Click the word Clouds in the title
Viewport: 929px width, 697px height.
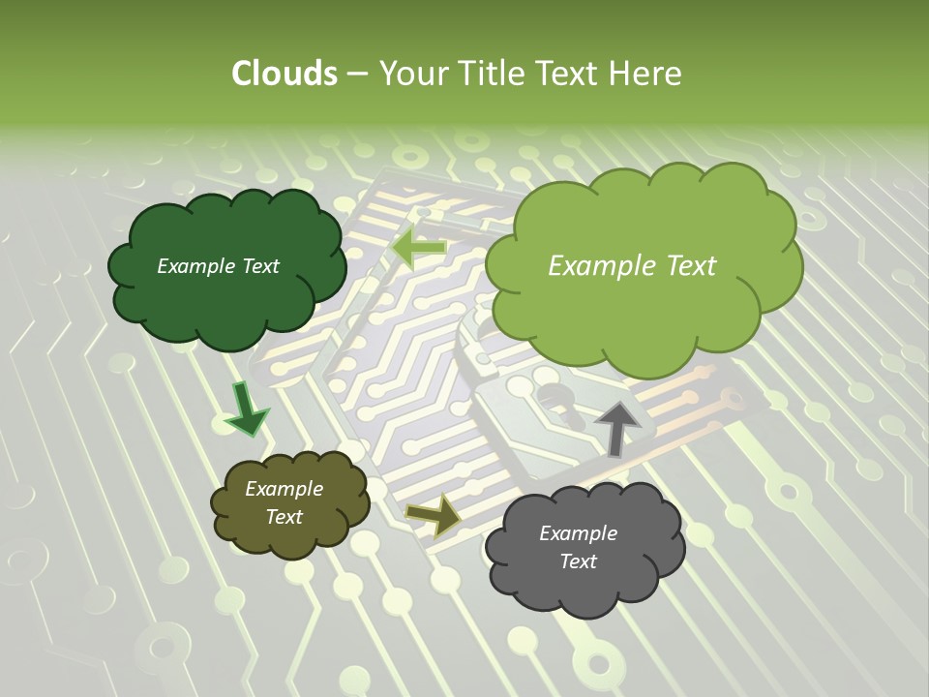click(284, 74)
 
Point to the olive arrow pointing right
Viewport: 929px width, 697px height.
click(434, 514)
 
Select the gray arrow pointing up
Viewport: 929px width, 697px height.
click(615, 427)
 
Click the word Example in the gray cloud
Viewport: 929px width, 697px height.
click(578, 533)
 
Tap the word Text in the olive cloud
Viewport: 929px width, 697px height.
click(284, 517)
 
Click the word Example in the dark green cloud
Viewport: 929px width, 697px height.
click(195, 266)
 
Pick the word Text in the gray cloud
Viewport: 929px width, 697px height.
click(578, 561)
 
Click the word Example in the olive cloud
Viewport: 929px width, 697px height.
click(284, 489)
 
